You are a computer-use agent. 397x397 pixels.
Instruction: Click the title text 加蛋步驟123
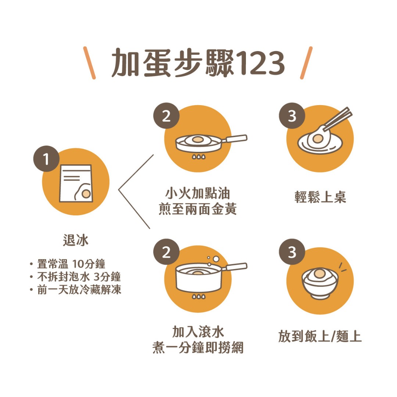pos(198,63)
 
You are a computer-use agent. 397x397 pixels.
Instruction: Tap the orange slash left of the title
pos(89,63)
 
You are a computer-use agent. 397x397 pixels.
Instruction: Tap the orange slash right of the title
pos(306,63)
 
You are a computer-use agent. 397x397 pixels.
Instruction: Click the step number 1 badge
pos(46,160)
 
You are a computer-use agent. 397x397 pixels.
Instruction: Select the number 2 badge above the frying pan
pos(167,117)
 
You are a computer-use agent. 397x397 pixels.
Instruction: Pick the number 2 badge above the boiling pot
pos(167,253)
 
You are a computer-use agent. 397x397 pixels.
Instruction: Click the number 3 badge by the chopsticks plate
pos(292,117)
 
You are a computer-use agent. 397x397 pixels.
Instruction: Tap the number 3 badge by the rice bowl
pos(292,253)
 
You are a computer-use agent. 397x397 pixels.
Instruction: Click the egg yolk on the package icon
pos(86,193)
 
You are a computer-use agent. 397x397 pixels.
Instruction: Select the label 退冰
pos(76,241)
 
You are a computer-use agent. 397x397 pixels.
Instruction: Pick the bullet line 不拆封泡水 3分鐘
pos(79,277)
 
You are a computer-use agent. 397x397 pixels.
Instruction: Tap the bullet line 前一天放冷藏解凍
pos(79,290)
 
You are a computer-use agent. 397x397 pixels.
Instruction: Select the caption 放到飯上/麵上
pos(320,337)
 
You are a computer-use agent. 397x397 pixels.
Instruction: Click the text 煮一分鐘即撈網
pos(198,348)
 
